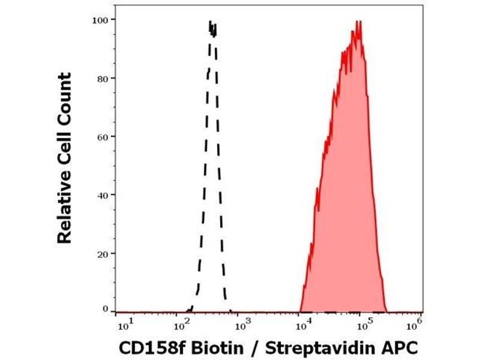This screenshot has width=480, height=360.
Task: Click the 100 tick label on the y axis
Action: point(100,20)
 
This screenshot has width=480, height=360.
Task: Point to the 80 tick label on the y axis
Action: point(103,78)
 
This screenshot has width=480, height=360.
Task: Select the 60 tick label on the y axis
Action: point(103,137)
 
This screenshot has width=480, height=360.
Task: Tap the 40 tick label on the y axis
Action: point(103,195)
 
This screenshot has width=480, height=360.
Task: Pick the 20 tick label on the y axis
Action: point(103,254)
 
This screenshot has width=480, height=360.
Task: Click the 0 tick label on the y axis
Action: point(105,309)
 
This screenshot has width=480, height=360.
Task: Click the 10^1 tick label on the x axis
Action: point(125,325)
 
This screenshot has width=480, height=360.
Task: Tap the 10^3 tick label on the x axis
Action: point(242,325)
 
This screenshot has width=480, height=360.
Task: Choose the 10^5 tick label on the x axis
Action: point(362,325)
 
